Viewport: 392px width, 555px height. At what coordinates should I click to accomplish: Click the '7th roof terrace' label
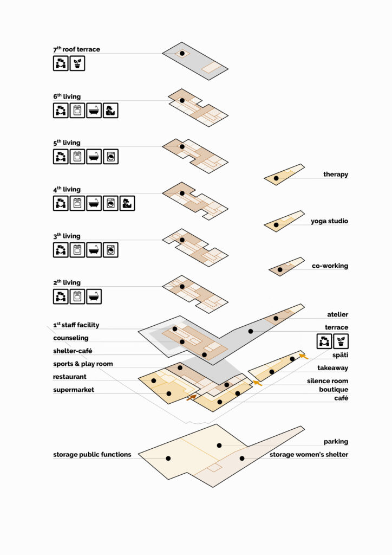(77, 49)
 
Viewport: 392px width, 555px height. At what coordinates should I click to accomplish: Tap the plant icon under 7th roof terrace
(77, 64)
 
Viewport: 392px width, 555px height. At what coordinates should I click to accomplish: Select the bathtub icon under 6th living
(94, 111)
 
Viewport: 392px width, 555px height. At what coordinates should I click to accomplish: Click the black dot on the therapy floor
(276, 178)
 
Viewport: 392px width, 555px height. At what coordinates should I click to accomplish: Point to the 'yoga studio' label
(329, 221)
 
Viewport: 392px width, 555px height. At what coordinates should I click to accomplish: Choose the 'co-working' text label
(330, 266)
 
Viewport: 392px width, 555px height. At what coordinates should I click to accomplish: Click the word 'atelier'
(337, 314)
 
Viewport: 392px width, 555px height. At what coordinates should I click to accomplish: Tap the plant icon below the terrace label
(341, 341)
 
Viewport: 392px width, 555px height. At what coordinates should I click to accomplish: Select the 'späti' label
(340, 355)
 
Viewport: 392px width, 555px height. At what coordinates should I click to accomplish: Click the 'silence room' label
(328, 381)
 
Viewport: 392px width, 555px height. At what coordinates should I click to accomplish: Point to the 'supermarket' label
(74, 390)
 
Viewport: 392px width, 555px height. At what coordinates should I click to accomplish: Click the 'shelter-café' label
(73, 351)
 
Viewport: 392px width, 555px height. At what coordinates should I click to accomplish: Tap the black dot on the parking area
(219, 446)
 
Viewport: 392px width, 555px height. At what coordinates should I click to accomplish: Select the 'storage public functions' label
(92, 455)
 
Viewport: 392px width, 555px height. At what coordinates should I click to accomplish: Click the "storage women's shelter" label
(309, 455)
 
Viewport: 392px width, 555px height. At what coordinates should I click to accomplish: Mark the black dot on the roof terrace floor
(182, 54)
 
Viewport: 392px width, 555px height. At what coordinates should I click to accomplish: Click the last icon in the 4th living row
(127, 204)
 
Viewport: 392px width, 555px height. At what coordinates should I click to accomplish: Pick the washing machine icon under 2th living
(77, 296)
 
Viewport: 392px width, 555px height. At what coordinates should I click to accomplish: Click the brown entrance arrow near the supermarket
(191, 397)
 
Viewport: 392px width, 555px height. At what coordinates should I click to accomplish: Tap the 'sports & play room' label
(83, 364)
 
